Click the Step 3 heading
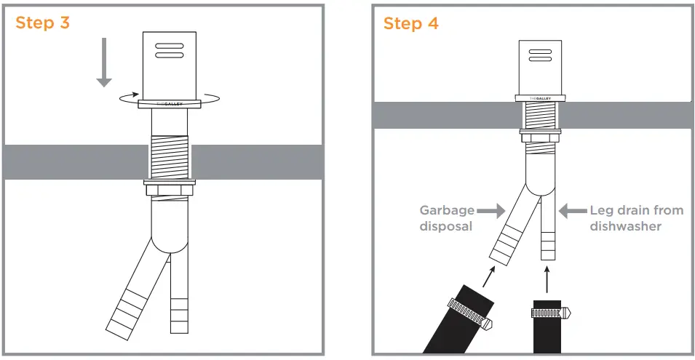(x=43, y=23)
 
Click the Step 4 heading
(x=411, y=23)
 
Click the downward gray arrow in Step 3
(x=105, y=62)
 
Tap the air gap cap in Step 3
(x=170, y=65)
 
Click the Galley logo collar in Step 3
(x=170, y=104)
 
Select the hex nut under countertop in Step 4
(x=540, y=136)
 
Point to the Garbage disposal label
(x=446, y=218)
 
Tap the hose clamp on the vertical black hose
(x=549, y=313)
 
